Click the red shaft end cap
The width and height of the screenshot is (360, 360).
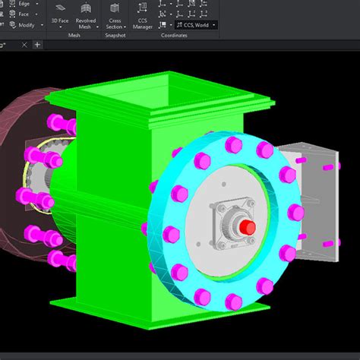(245, 226)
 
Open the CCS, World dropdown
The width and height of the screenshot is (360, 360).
(194, 25)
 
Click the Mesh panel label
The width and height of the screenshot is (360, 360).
(74, 35)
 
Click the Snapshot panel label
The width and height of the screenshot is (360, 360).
(115, 35)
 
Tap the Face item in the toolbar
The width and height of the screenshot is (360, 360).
(23, 14)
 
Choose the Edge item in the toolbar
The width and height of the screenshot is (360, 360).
(23, 4)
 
